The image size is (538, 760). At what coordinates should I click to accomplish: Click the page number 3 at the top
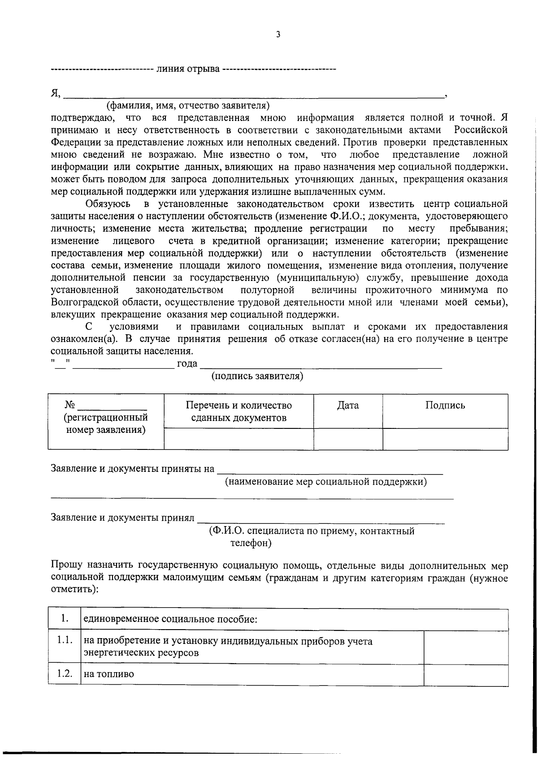[x=278, y=35]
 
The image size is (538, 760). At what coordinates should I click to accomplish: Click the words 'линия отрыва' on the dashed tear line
[x=187, y=69]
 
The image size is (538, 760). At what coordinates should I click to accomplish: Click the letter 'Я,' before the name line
[x=56, y=94]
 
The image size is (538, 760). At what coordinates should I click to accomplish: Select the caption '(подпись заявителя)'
[x=257, y=376]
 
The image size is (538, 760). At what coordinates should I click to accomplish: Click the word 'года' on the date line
[x=187, y=363]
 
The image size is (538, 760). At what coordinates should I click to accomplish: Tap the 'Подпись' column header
[x=445, y=406]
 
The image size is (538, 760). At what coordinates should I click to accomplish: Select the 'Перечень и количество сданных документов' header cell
[x=239, y=411]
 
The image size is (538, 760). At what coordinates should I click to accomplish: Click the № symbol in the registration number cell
[x=69, y=405]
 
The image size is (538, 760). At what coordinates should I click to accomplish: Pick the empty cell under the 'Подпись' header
[x=445, y=439]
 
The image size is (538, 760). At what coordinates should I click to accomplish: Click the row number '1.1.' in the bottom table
[x=65, y=640]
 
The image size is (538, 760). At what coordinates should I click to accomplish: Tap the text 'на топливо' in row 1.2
[x=108, y=674]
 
